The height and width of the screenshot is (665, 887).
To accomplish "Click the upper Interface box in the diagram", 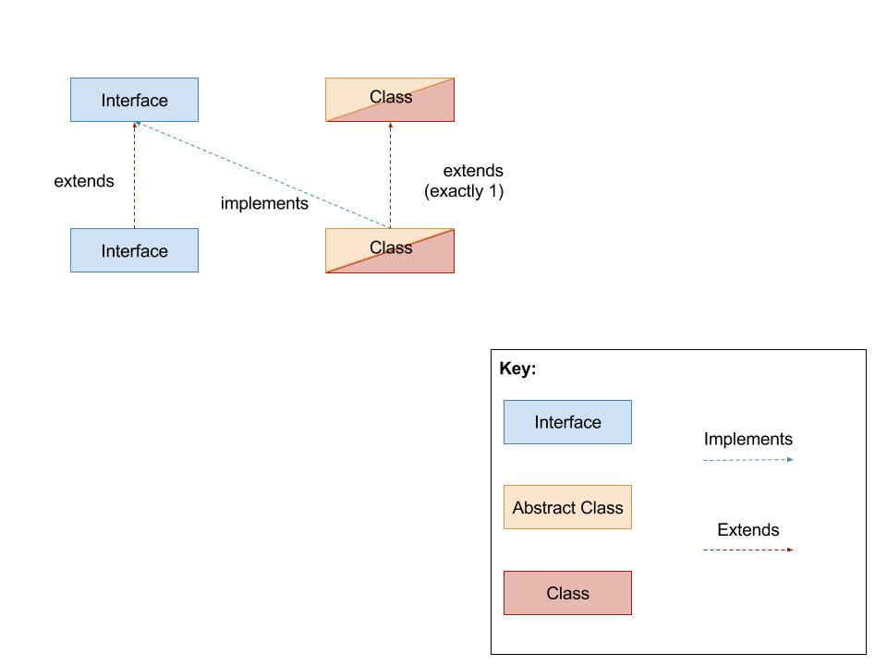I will point(134,100).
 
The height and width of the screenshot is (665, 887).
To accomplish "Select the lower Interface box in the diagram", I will point(134,250).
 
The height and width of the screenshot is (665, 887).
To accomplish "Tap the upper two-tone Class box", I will point(390,100).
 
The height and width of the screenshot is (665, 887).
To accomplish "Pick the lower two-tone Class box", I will point(390,250).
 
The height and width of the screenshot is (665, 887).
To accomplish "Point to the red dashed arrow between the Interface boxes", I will point(134,175).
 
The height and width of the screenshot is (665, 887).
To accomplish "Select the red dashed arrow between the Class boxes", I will point(390,175).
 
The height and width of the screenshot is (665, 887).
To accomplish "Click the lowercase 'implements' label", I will point(264,203).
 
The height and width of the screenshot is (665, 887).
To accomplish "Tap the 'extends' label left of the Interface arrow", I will point(84,181).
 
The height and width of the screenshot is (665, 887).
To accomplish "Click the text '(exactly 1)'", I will point(464,192).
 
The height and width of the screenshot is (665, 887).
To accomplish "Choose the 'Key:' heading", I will point(517,369).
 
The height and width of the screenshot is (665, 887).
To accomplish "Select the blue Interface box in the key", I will point(567,422).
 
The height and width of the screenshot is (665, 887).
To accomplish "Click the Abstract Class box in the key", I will point(567,507).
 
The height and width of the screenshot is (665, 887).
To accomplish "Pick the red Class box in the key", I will point(567,593).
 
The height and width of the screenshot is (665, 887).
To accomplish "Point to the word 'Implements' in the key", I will point(747,440).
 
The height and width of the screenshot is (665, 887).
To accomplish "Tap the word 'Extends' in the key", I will point(747,530).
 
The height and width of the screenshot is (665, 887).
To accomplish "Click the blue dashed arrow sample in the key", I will point(747,459).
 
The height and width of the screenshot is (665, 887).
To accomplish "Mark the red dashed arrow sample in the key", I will point(747,550).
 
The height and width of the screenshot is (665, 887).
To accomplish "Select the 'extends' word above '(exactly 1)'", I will point(473,171).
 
